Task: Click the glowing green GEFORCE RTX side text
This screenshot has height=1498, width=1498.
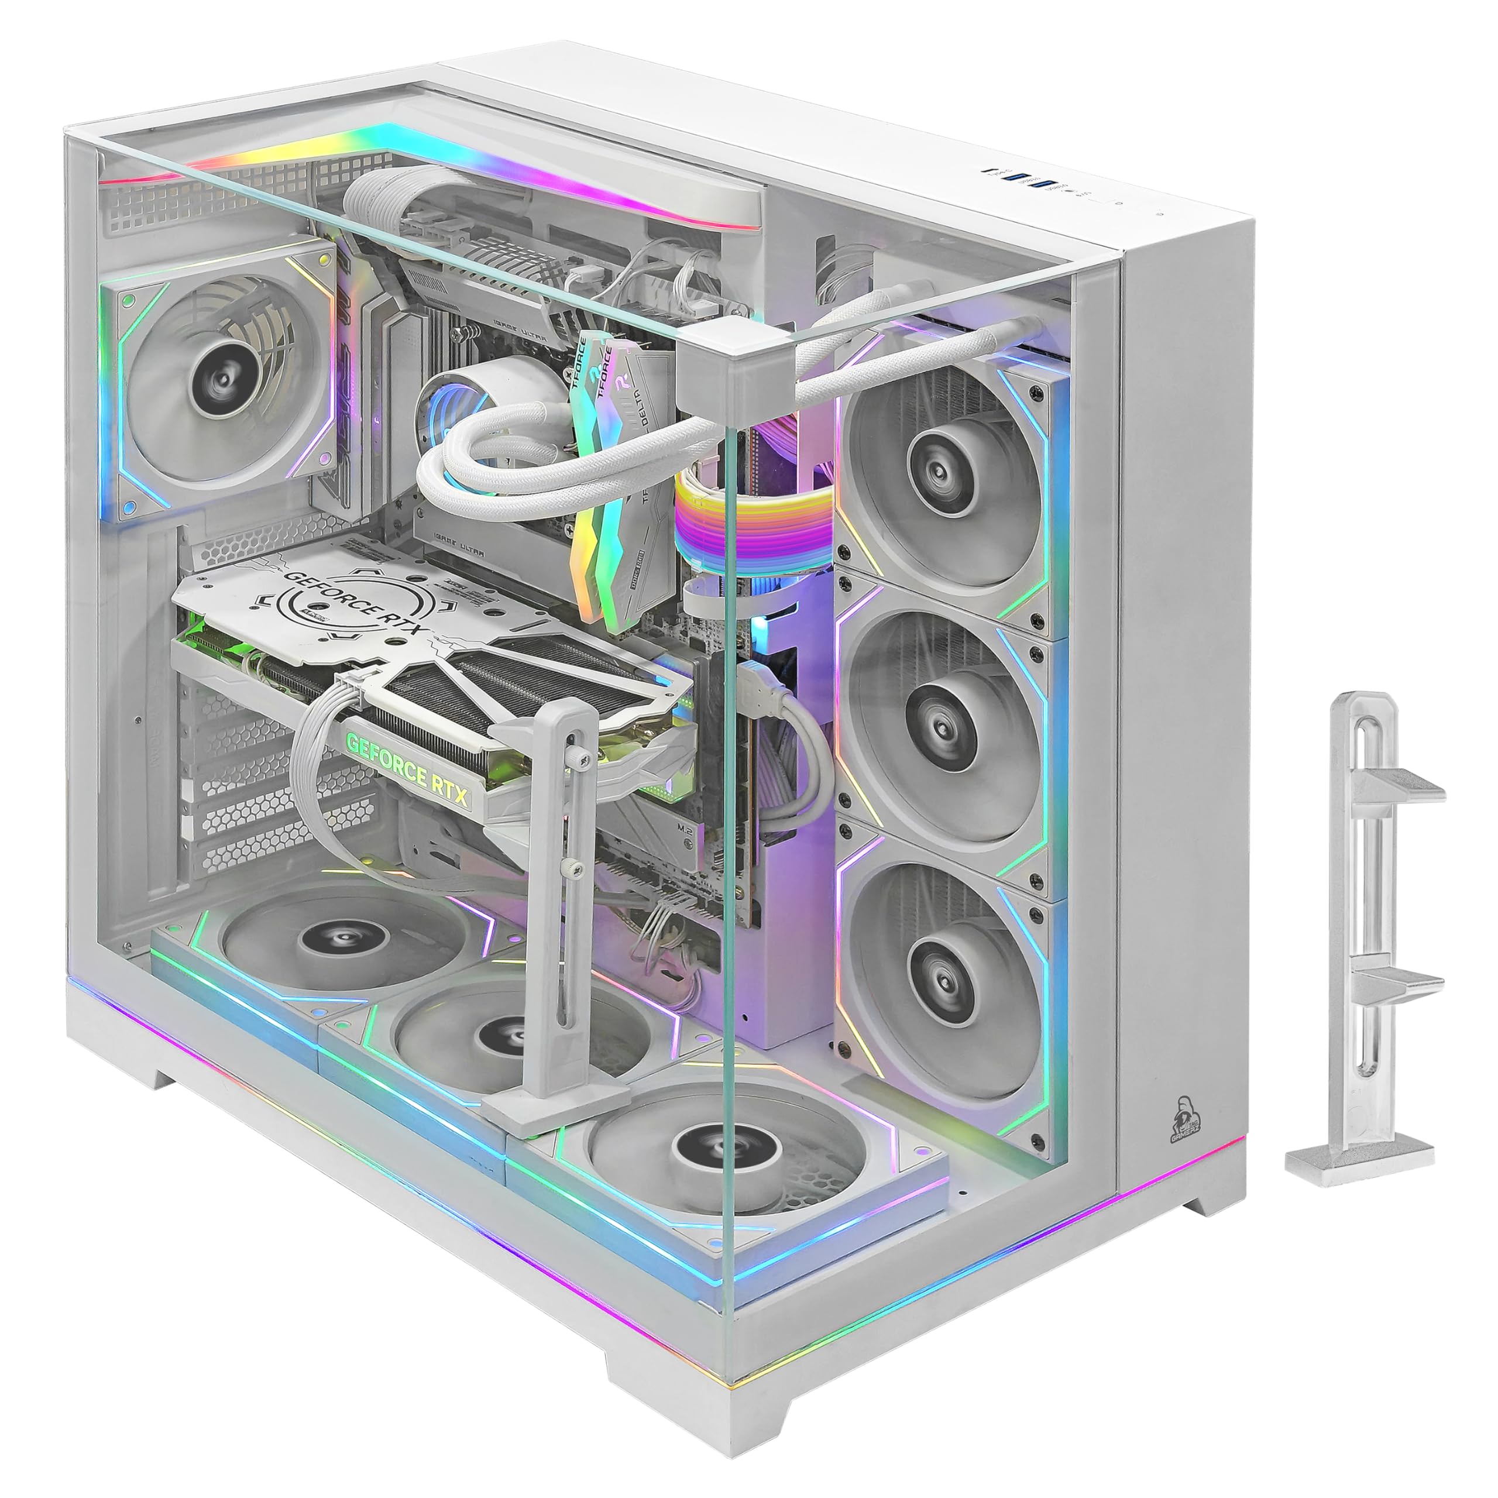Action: pyautogui.click(x=408, y=771)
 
